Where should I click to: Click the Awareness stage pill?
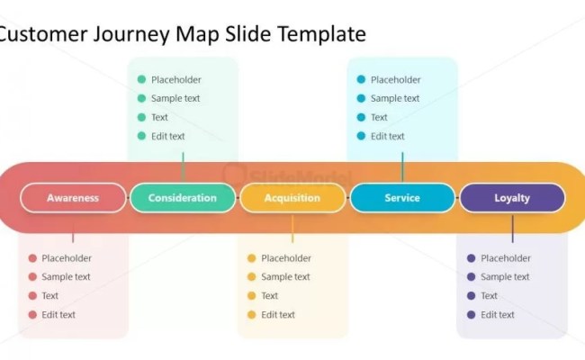73,198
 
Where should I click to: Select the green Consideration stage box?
183,198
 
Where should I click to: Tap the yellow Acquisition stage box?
292,198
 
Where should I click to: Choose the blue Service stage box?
402,198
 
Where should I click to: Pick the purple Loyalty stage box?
512,198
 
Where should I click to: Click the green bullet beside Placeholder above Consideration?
141,79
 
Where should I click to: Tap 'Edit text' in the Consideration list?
168,136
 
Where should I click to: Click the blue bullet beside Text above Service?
361,117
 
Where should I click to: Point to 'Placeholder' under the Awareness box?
67,258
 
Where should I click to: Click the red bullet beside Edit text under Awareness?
32,315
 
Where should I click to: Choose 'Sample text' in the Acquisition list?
285,277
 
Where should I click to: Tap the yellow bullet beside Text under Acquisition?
252,296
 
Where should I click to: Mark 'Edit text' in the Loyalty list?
498,315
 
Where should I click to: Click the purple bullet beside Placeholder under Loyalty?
471,258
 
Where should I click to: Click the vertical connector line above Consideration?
183,166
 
